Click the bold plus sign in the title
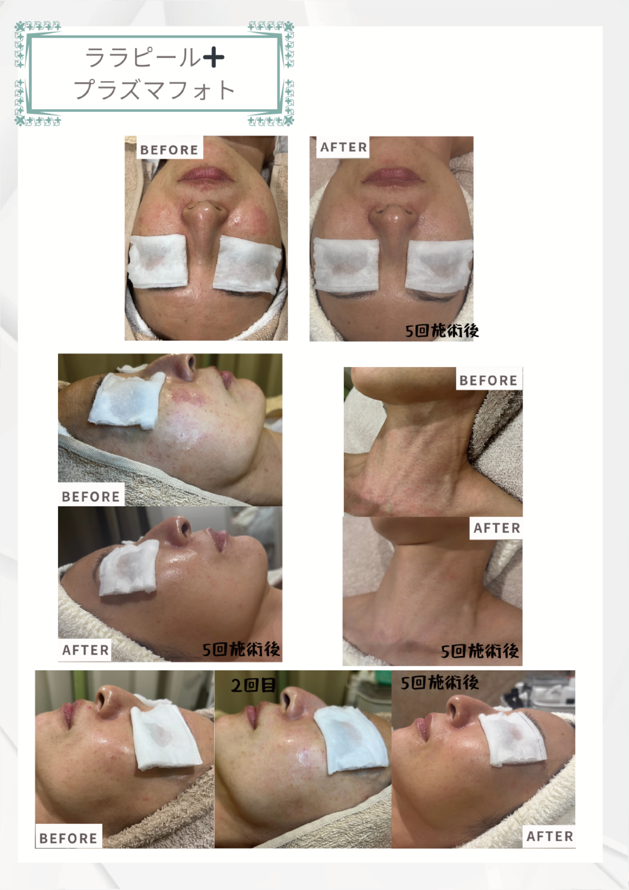[x=213, y=58]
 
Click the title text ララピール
[x=143, y=58]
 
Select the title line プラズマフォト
[x=154, y=89]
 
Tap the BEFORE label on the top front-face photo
[x=169, y=150]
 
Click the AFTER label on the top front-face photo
[x=344, y=147]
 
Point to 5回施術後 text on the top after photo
[x=442, y=331]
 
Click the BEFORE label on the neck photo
[x=488, y=380]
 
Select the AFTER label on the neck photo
[x=497, y=528]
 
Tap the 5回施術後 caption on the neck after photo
[x=479, y=651]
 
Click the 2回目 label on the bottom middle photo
[x=253, y=685]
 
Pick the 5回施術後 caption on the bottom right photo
[x=440, y=683]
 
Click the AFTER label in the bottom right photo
[x=550, y=836]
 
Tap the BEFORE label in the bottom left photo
[x=68, y=838]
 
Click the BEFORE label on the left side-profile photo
[x=90, y=496]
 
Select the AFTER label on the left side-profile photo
[x=86, y=650]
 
